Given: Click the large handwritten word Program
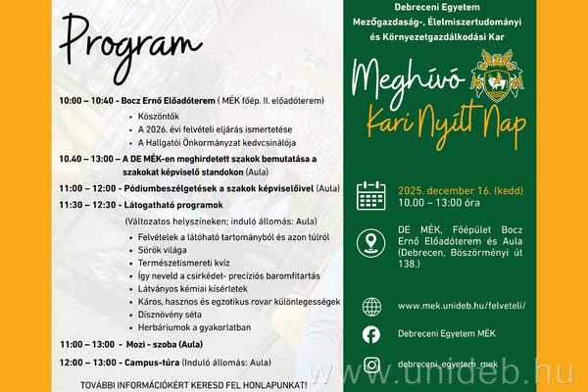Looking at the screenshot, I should [124, 45].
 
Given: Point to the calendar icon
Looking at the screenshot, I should [371, 196].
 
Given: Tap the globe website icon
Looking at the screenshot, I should [371, 306].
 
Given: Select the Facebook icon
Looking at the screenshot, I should [371, 335].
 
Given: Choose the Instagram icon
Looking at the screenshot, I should [371, 365].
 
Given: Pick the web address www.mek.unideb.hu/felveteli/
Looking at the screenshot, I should [462, 306].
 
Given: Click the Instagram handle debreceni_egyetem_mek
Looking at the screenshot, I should [460, 365].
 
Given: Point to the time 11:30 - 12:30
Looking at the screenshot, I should [88, 205].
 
